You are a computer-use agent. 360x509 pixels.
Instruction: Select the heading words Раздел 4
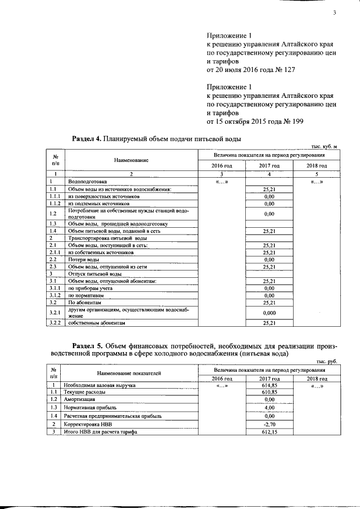click(x=87, y=138)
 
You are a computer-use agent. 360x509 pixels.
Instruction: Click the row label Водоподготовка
click(x=87, y=182)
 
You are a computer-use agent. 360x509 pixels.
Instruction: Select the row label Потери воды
click(x=84, y=259)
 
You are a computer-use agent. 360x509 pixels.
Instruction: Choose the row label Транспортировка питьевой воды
click(x=100, y=238)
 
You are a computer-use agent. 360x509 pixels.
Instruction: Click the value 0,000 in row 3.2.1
click(x=268, y=312)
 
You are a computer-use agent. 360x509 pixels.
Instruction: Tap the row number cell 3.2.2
click(x=55, y=323)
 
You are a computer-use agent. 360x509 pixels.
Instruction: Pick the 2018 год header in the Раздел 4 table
click(x=317, y=166)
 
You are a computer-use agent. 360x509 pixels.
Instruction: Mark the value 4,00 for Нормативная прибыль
click(x=268, y=407)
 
